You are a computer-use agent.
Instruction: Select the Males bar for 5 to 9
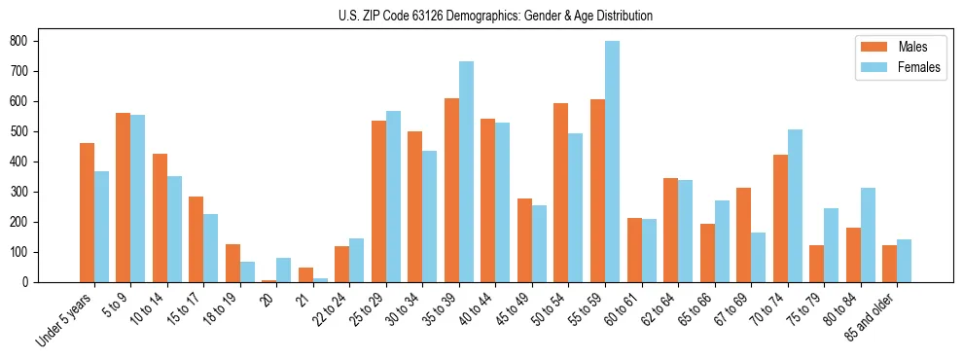click(x=123, y=198)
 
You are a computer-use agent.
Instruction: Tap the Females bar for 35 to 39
click(x=466, y=172)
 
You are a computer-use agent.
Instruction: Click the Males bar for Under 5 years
click(x=87, y=213)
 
